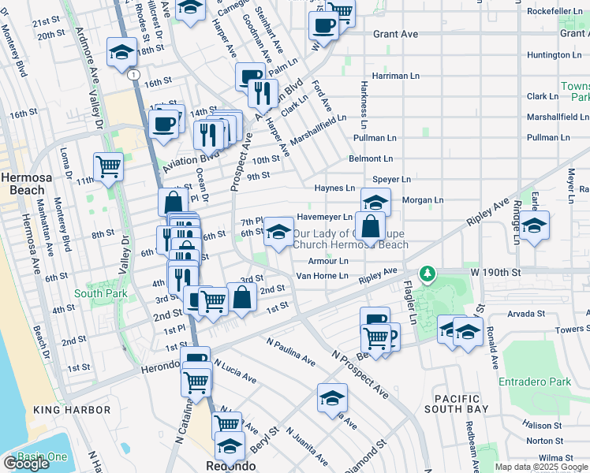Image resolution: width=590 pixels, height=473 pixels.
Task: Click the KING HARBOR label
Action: tap(72, 411)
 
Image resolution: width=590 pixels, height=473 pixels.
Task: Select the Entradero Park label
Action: tap(534, 382)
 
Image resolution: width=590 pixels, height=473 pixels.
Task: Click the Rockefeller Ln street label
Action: tap(554, 11)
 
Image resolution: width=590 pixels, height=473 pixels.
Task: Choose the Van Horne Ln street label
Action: tap(321, 276)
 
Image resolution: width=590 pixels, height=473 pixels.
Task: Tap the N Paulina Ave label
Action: tap(291, 353)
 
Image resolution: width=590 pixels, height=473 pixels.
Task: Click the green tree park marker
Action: tap(428, 274)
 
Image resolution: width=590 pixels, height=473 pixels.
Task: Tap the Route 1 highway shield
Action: tap(135, 74)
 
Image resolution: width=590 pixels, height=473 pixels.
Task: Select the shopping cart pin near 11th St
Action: tap(108, 166)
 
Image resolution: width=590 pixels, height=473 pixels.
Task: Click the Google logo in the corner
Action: tap(26, 464)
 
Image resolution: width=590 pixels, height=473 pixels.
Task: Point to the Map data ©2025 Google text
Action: tap(541, 467)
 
